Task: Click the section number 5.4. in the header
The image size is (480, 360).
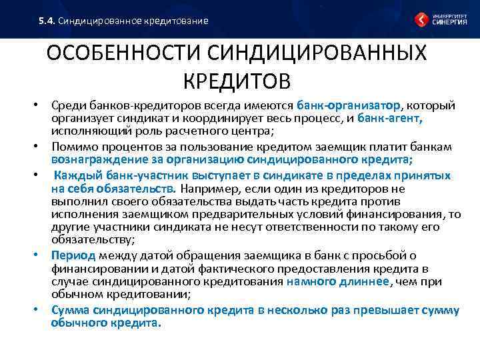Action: tap(47, 21)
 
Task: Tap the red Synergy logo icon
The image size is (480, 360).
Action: tap(421, 19)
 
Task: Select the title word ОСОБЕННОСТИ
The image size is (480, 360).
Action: tap(125, 54)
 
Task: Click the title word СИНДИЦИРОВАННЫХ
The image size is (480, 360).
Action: tap(318, 54)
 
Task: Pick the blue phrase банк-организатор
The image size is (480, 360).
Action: tap(349, 105)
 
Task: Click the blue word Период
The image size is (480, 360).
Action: tap(73, 255)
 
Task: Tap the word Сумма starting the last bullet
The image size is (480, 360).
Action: tap(70, 310)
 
